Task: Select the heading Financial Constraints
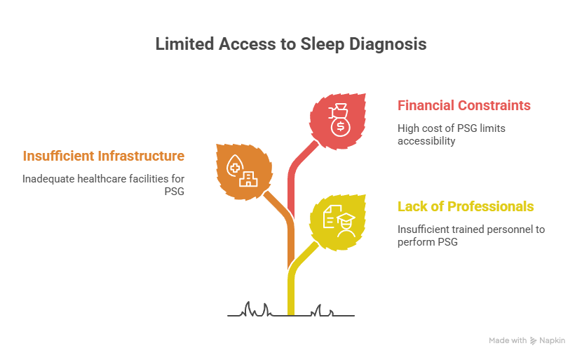(464, 106)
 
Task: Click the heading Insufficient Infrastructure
(104, 155)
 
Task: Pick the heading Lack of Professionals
(466, 206)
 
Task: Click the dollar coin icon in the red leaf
(341, 126)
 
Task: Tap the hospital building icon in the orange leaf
(248, 180)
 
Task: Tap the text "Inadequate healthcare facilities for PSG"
(104, 185)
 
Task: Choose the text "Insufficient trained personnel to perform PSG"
(471, 235)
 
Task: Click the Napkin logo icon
(533, 340)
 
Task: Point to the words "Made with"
(508, 340)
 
